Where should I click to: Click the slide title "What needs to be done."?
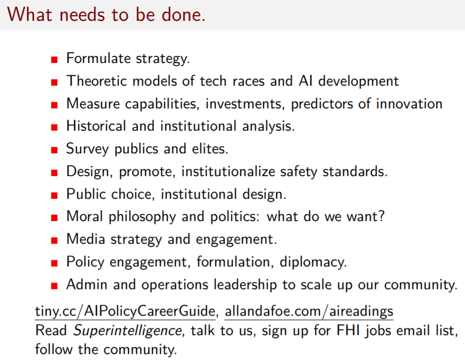pos(106,14)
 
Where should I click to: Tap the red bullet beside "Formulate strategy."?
pos(54,60)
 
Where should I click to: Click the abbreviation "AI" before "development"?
pos(306,81)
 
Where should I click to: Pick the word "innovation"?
pos(409,104)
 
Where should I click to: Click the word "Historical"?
pos(97,126)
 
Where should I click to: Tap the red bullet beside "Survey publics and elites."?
pos(54,150)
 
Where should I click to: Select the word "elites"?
pos(210,149)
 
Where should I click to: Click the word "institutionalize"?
pos(228,171)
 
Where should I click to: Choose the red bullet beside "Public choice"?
pos(54,195)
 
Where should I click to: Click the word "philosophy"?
pos(142,217)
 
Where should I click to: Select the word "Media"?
pos(86,239)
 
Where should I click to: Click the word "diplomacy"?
pos(313,263)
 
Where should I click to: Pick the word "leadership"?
pos(245,285)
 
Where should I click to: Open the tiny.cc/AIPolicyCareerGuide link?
pos(125,311)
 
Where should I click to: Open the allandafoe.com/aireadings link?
pos(309,311)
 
